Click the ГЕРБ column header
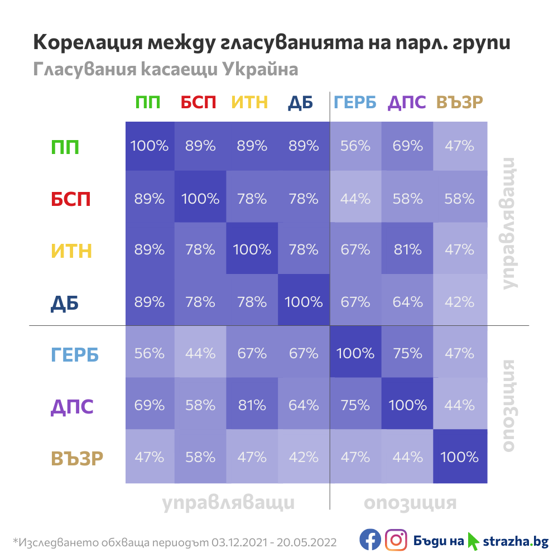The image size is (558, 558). pyautogui.click(x=355, y=102)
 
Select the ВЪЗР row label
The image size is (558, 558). pyautogui.click(x=78, y=458)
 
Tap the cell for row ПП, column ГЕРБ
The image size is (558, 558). pyautogui.click(x=355, y=146)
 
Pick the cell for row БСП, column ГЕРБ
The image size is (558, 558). pyautogui.click(x=355, y=198)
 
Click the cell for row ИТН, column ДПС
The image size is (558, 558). pyautogui.click(x=407, y=250)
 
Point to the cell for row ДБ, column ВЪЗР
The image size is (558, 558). pyautogui.click(x=459, y=302)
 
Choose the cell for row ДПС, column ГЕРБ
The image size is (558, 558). pyautogui.click(x=355, y=406)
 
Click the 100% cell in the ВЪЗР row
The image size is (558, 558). pyautogui.click(x=459, y=458)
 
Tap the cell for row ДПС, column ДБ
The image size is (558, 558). pyautogui.click(x=304, y=406)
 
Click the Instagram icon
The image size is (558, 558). pyautogui.click(x=396, y=540)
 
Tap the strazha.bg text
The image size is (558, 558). pyautogui.click(x=515, y=541)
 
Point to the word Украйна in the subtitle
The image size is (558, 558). pyautogui.click(x=260, y=69)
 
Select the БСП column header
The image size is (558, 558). pyautogui.click(x=200, y=102)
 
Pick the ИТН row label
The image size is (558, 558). pyautogui.click(x=71, y=251)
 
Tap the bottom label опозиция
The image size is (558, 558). pyautogui.click(x=410, y=503)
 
